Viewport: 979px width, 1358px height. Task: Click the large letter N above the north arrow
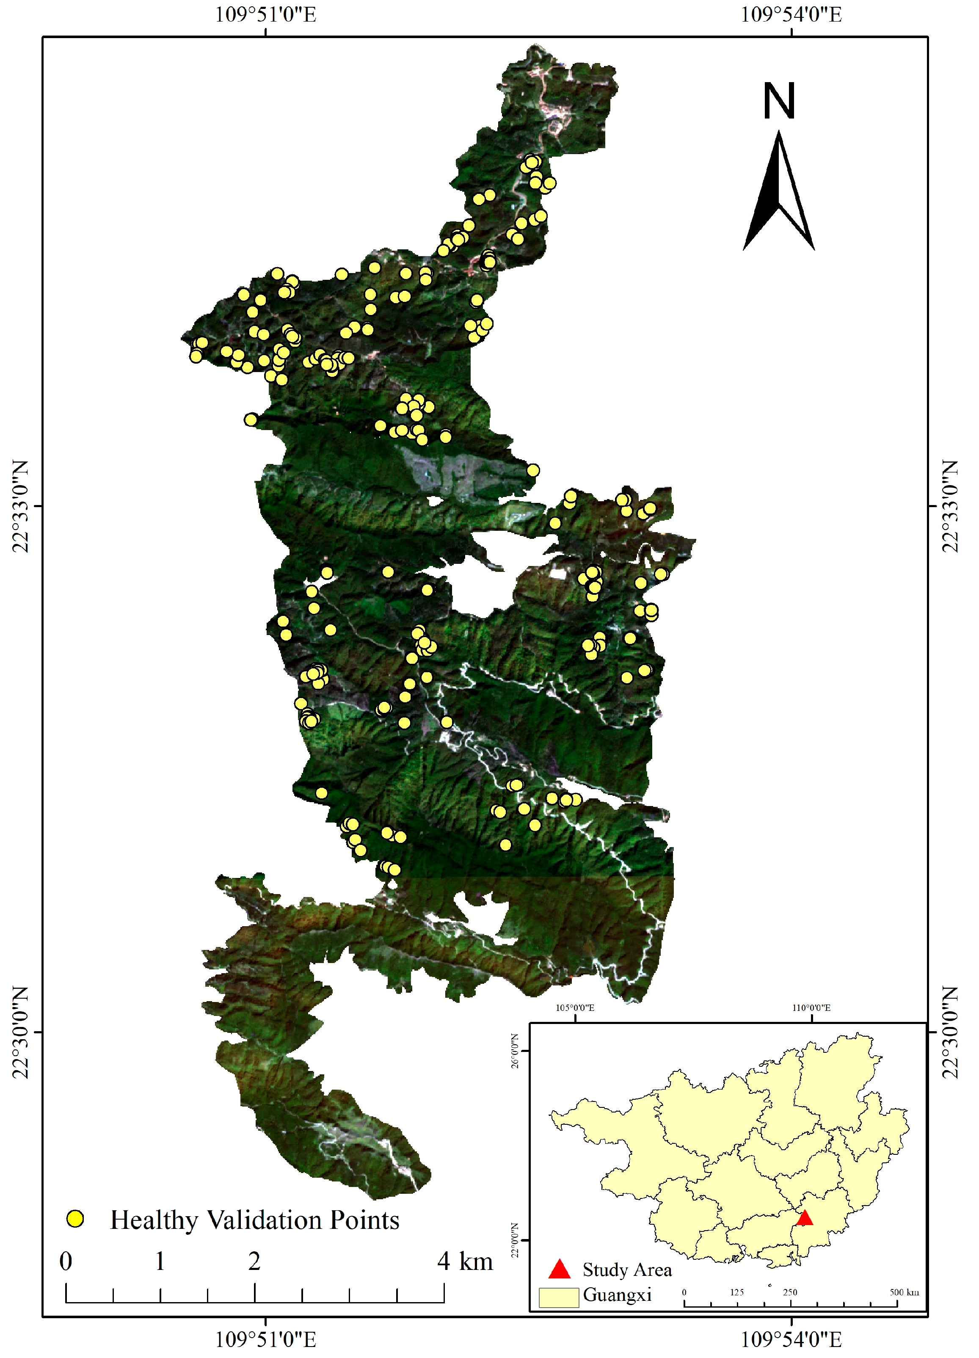tap(778, 101)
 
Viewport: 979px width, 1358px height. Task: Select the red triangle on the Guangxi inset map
tap(804, 1217)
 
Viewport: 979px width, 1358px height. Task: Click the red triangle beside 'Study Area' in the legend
tap(559, 1269)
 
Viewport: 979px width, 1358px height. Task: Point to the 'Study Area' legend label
tap(627, 1270)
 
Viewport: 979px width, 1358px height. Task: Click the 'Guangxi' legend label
tap(617, 1295)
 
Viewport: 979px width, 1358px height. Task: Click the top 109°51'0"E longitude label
tap(265, 14)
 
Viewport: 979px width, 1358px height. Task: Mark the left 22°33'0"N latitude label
tap(20, 507)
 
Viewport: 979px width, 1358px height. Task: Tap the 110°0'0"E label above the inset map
tap(811, 1008)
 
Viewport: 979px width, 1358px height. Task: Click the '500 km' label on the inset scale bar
tap(904, 1292)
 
